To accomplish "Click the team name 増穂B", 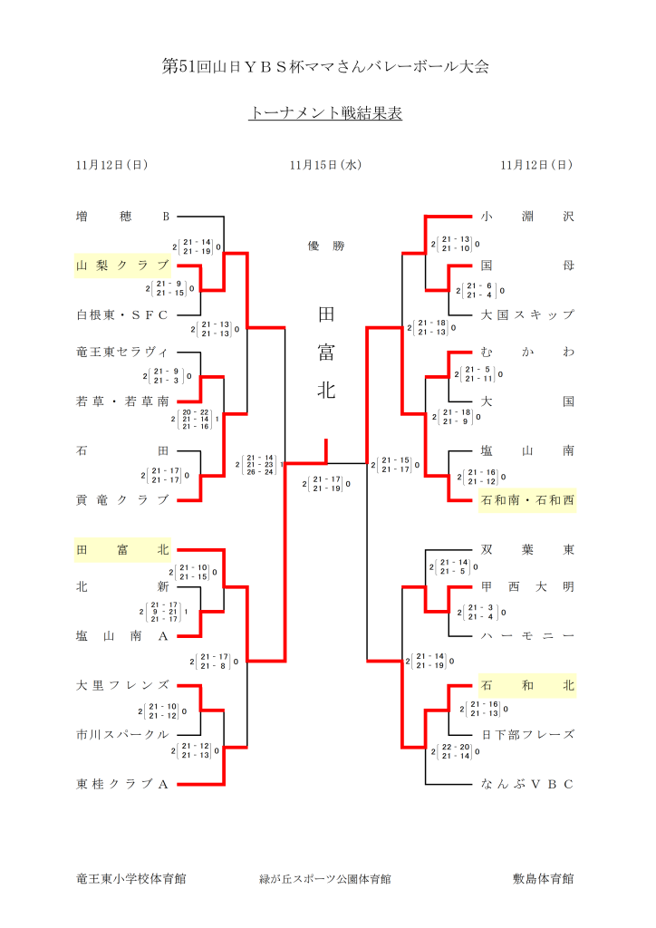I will (123, 217).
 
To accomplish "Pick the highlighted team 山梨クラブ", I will (123, 266).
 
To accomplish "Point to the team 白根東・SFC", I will (123, 314).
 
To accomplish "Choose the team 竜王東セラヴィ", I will (123, 352).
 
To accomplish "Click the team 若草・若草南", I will (123, 401).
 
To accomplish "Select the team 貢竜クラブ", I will (123, 499).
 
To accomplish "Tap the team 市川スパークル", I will (123, 734).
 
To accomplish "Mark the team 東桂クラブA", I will (123, 783).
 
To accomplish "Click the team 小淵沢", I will (527, 217).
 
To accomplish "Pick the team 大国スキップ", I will (527, 314).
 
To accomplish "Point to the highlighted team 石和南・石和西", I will (527, 499).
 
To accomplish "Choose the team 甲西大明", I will (527, 586).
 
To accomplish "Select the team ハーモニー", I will (527, 635).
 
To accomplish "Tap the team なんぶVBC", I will (527, 783).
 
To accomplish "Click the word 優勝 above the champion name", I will (326, 246).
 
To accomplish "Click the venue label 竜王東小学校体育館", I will (131, 878).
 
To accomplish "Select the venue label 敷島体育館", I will (543, 878).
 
